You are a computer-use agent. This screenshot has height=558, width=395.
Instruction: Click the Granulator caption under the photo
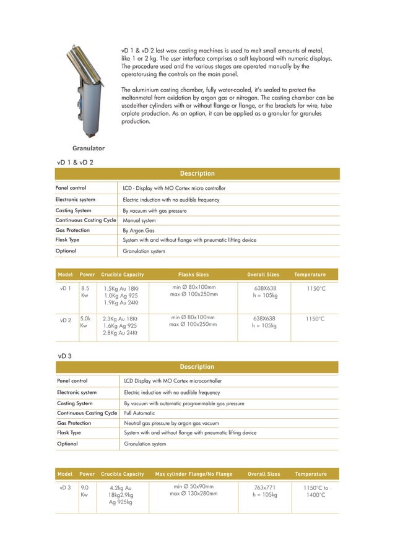[x=89, y=148]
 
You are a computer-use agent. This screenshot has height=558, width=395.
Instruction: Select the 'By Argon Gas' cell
[x=139, y=230]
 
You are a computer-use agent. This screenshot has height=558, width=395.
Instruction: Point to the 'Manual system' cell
[x=139, y=220]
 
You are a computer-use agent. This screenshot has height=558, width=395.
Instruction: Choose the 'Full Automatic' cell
[x=139, y=413]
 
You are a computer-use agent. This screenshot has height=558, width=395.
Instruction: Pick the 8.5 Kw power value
[x=85, y=291]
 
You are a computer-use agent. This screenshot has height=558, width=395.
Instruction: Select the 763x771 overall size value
[x=265, y=487]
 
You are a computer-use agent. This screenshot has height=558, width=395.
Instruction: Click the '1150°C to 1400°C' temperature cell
[x=316, y=491]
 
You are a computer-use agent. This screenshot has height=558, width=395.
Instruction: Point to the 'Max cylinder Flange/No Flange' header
[x=194, y=474]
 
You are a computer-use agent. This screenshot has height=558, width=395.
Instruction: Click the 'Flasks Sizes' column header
[x=193, y=274]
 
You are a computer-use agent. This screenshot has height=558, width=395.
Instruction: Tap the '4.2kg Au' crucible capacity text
[x=121, y=487]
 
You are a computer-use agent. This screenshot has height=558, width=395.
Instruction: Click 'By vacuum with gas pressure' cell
[x=155, y=210]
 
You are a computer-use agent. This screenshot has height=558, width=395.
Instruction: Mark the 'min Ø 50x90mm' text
[x=194, y=486]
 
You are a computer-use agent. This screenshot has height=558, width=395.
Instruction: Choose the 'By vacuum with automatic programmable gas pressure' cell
[x=184, y=403]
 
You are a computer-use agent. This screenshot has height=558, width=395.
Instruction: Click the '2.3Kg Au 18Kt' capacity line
[x=121, y=319]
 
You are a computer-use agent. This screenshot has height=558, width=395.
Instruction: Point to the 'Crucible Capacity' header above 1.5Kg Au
[x=122, y=274]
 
